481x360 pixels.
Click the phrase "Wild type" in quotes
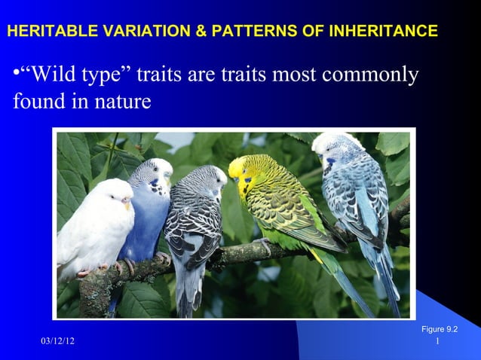(75, 75)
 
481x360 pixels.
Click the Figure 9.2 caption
(440, 329)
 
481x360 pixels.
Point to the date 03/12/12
(57, 343)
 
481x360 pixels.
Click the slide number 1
(438, 343)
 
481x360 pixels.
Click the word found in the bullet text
(38, 101)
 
